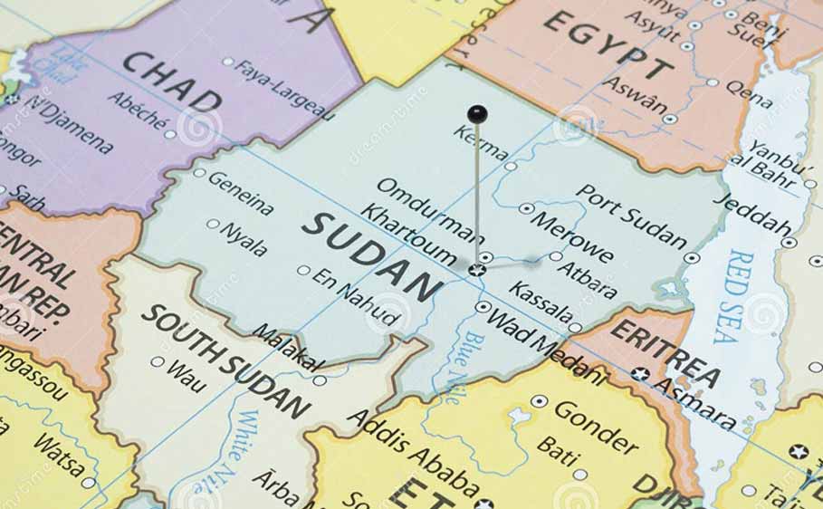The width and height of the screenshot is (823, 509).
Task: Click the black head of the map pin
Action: (477, 114)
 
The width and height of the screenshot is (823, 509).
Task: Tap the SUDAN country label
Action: (372, 257)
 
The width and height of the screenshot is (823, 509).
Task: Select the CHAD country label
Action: (172, 82)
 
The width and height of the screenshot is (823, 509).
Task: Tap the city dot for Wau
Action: (158, 362)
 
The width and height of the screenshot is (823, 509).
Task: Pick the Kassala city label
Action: (541, 304)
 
